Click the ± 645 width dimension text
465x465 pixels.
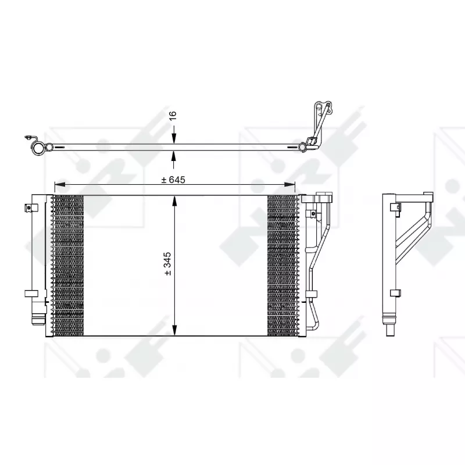pyautogui.click(x=173, y=180)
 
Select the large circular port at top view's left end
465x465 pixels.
pyautogui.click(x=38, y=149)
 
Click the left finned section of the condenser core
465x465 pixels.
pyautogui.click(x=68, y=266)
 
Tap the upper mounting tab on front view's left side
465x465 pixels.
pyautogui.click(x=28, y=207)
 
